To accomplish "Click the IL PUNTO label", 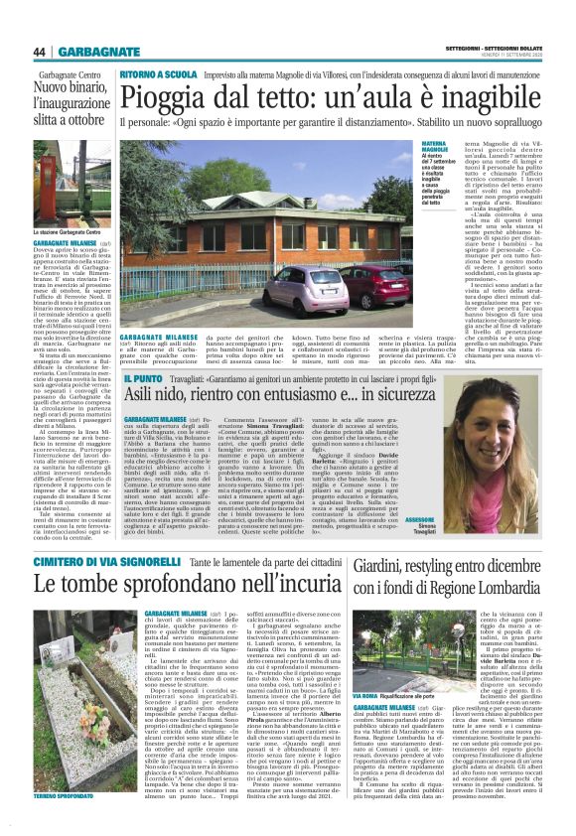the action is (139, 378).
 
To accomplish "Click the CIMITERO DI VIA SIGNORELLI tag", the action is (97, 536).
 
